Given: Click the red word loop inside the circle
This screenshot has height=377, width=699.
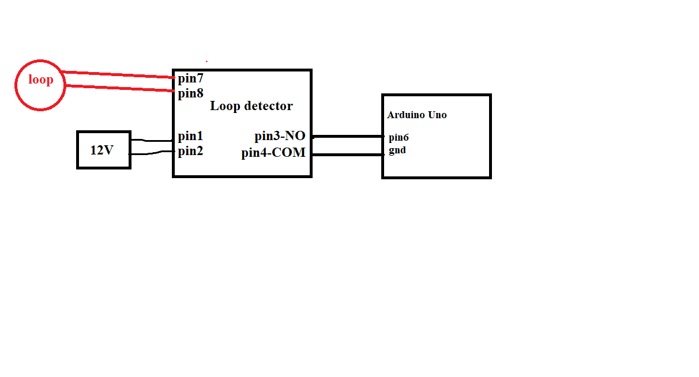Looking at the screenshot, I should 40,80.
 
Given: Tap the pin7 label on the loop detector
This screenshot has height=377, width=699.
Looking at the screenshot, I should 190,78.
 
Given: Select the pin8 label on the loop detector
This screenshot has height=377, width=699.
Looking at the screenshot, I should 190,93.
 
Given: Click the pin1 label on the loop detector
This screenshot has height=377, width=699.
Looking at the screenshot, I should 190,137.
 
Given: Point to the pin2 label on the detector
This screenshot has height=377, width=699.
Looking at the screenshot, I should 190,152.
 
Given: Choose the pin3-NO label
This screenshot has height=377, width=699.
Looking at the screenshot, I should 280,137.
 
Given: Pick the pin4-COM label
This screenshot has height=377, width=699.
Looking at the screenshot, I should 273,153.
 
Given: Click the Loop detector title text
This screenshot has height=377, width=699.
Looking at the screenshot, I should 251,106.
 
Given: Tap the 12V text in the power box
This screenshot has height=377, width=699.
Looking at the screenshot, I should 102,150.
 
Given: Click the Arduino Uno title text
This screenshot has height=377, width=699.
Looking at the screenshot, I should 416,115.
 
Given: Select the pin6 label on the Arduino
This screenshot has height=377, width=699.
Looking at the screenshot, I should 399,138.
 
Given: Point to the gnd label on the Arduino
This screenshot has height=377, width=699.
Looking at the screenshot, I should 397,150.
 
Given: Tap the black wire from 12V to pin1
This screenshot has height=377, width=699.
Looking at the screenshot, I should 152,140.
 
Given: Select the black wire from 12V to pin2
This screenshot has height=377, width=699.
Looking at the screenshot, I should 152,153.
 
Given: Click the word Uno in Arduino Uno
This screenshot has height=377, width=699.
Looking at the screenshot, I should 437,115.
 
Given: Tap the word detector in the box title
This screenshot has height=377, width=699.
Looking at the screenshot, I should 268,106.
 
